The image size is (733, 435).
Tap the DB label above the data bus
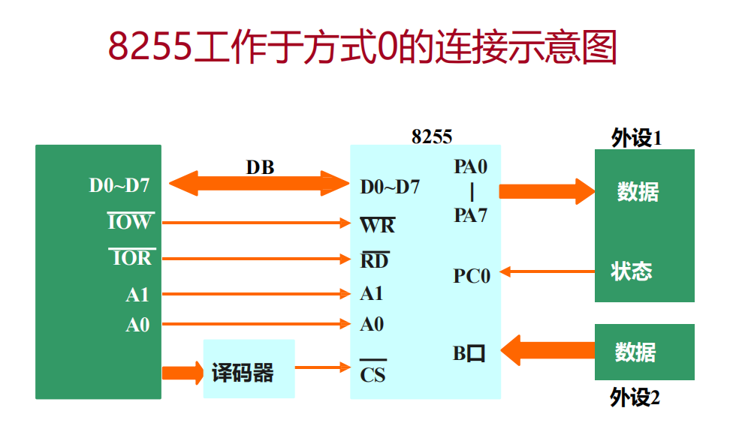260,167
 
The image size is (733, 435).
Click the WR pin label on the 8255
377,225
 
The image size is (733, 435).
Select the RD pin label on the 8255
374,260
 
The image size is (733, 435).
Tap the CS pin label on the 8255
373,373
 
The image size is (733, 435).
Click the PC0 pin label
472,276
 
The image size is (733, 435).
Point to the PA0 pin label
471,167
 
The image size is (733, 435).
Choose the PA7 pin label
471,216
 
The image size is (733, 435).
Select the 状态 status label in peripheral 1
631,271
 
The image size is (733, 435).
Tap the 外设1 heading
636,139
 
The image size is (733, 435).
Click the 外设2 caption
635,397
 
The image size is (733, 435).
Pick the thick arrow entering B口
547,349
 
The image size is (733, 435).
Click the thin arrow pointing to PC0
547,271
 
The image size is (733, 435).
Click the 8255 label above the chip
432,136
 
